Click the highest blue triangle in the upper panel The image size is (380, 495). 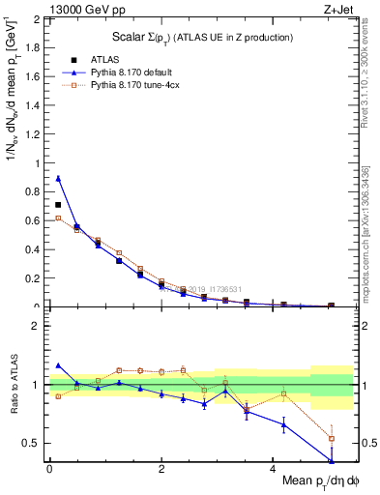click(58, 178)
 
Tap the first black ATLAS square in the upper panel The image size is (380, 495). click(58, 205)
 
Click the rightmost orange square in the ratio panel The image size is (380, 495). click(332, 438)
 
